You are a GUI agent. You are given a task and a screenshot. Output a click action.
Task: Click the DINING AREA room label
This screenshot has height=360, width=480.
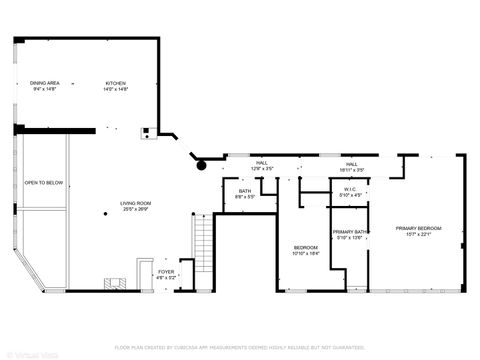[45, 83]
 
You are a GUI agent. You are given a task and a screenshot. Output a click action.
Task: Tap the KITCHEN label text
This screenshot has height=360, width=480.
[117, 83]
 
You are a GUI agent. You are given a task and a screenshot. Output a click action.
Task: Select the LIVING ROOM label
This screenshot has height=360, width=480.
[135, 204]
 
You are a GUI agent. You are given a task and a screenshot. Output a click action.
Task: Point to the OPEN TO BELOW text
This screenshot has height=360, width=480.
[44, 183]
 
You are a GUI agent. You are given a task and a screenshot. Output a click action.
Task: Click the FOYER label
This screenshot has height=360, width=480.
[166, 271]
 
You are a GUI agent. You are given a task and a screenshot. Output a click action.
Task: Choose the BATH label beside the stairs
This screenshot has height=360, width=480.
[245, 191]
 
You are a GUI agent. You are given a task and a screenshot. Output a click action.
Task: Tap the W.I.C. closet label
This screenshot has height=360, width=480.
[350, 188]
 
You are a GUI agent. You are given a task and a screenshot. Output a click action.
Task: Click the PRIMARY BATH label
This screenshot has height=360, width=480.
[350, 232]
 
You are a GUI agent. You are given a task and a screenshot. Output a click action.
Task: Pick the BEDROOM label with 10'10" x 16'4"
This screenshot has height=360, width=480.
[305, 247]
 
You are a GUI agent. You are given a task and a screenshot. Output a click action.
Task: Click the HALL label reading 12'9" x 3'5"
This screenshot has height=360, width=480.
[261, 163]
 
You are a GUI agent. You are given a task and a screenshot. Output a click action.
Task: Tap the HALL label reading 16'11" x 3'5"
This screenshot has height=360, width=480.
[352, 163]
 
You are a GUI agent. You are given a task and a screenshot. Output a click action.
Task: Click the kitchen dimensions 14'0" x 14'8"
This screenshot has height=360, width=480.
[117, 89]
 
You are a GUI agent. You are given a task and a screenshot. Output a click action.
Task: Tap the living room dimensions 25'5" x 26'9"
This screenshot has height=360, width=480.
[135, 210]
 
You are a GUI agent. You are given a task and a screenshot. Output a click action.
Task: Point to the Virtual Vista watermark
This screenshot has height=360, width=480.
[30, 353]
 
